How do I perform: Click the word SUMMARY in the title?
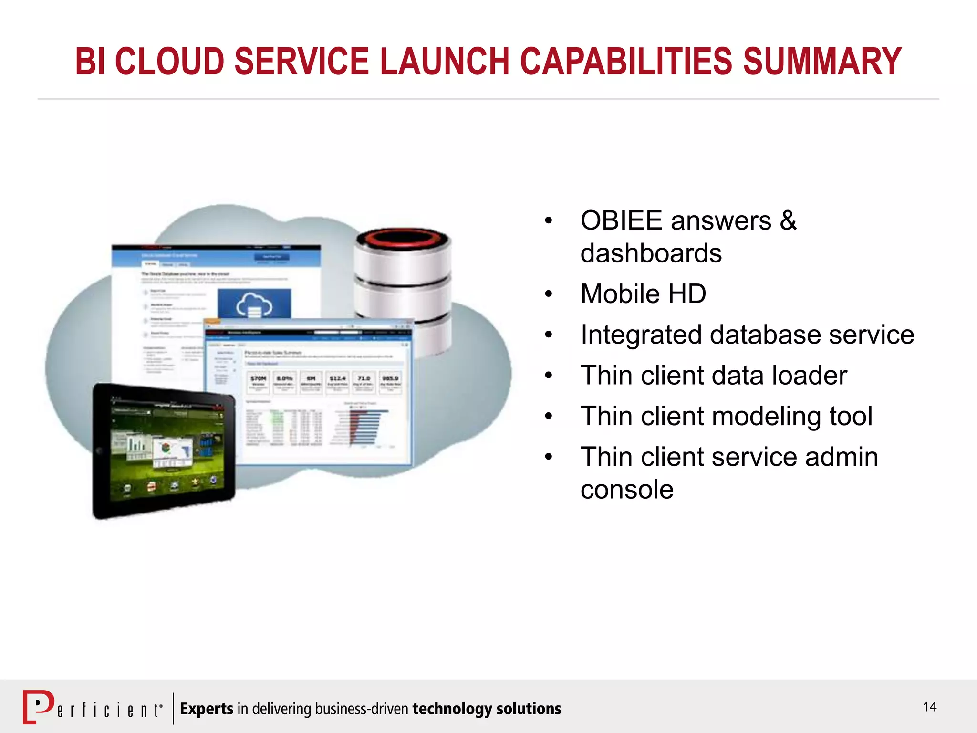pos(822,62)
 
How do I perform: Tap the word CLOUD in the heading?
pos(169,62)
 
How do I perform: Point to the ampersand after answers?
pos(788,221)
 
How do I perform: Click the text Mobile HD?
pos(643,293)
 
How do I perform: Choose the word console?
pos(626,490)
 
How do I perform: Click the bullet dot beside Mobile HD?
pos(549,294)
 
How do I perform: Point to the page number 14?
pos(929,707)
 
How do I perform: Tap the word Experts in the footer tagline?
pos(207,709)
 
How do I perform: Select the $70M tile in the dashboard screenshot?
pos(258,381)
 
